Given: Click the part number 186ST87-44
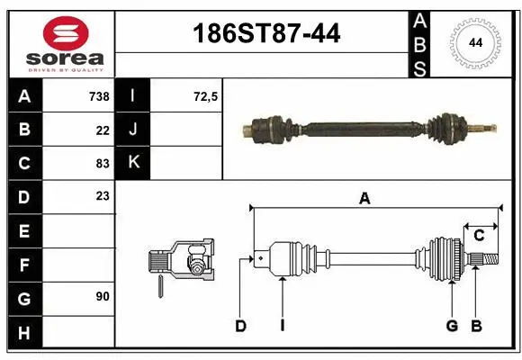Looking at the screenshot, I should coord(267,34).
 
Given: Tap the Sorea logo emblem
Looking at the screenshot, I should coord(66,36).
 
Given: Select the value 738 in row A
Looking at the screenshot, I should coord(98,95).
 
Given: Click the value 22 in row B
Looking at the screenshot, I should coord(102,130).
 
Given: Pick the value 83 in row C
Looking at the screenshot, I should coord(102,163).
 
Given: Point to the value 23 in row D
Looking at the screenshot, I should coord(102,196).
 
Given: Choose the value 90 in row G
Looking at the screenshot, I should coord(102,296).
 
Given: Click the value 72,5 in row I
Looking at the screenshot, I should coord(206,95).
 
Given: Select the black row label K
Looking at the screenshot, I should coord(132,163).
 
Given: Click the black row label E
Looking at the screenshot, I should coord(23,231).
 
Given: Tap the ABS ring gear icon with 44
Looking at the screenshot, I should coord(473,42).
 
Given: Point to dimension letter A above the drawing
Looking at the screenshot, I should coord(364,200).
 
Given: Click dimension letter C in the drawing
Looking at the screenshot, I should coord(479,236).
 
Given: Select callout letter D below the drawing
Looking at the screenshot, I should coord(240,326).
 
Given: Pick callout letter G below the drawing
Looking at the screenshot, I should coord(452,326).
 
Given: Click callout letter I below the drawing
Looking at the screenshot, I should coord(282,326).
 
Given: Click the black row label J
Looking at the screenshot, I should coord(132,130).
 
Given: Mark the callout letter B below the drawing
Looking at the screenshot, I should coord(477,326).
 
